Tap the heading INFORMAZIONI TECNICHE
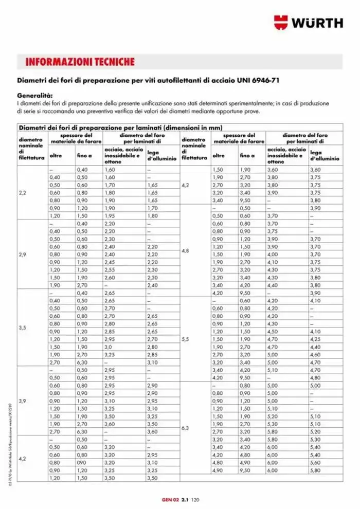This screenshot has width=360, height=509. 80,62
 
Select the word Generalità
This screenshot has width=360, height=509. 35,96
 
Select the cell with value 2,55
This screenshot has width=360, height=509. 110,269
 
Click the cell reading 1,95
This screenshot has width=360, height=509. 110,216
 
